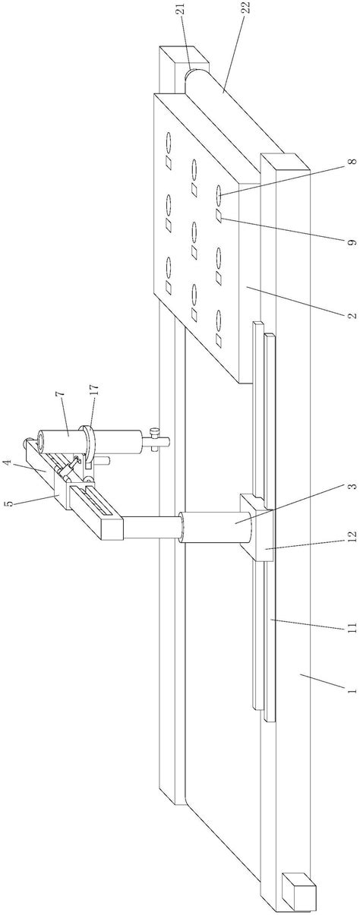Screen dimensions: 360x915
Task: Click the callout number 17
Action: tap(94, 390)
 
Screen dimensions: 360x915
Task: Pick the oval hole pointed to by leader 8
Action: tap(219, 193)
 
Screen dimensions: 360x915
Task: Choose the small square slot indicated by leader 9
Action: tap(219, 215)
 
